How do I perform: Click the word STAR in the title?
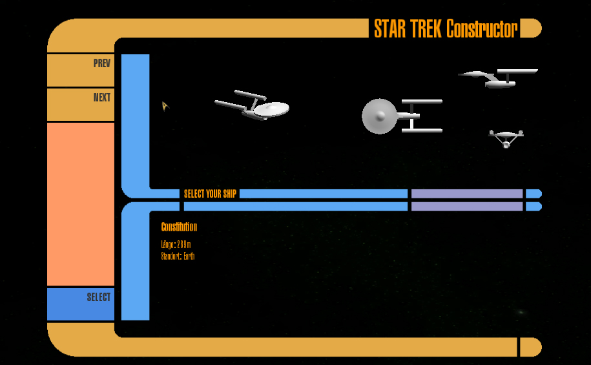[x=389, y=29]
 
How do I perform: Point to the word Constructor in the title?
[x=482, y=29]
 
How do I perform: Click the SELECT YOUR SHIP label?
[x=210, y=194]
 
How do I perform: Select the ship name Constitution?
[x=179, y=227]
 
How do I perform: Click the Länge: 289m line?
[x=176, y=244]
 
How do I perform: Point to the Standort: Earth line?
[x=178, y=256]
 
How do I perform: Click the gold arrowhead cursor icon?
[x=165, y=105]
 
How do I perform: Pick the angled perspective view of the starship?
[x=254, y=106]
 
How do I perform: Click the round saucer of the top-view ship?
[x=378, y=116]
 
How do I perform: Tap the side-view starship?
[x=499, y=78]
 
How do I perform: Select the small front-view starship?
[x=506, y=138]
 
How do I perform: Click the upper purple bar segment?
[x=466, y=194]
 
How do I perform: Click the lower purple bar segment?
[x=466, y=207]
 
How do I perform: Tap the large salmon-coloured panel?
[x=81, y=203]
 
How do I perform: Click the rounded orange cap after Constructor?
[x=530, y=28]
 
